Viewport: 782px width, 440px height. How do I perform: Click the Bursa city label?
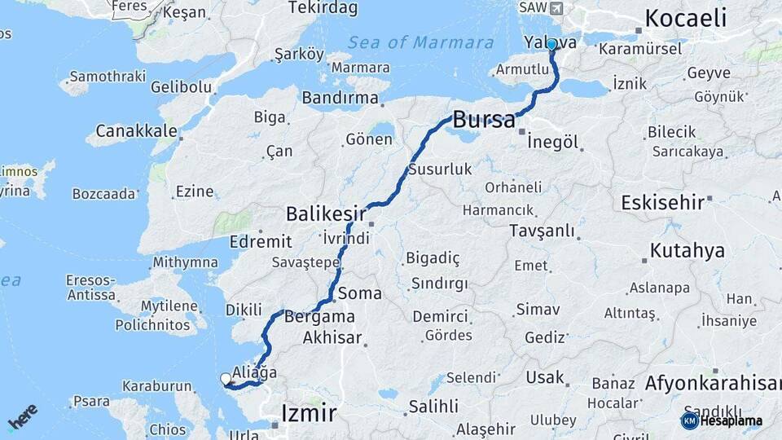pos(484,120)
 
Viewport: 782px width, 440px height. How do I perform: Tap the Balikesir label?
pos(325,214)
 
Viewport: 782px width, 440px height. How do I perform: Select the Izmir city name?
pos(308,413)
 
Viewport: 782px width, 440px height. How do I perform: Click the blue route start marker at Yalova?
pos(551,44)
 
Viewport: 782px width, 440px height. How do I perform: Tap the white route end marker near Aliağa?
pos(226,378)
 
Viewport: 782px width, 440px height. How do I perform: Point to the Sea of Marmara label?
pos(420,42)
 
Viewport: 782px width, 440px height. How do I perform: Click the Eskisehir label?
pos(661,202)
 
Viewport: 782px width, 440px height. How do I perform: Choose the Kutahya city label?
pos(688,250)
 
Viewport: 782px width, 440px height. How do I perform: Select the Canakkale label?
pos(136,130)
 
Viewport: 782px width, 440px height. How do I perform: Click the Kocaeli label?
pos(685,18)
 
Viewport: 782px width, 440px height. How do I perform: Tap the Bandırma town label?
pos(340,98)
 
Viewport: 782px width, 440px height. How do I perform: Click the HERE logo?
pos(22,416)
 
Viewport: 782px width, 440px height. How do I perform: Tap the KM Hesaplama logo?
pos(722,420)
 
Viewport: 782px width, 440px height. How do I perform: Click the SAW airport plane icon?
pos(556,8)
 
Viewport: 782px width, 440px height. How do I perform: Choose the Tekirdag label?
pos(323,8)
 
